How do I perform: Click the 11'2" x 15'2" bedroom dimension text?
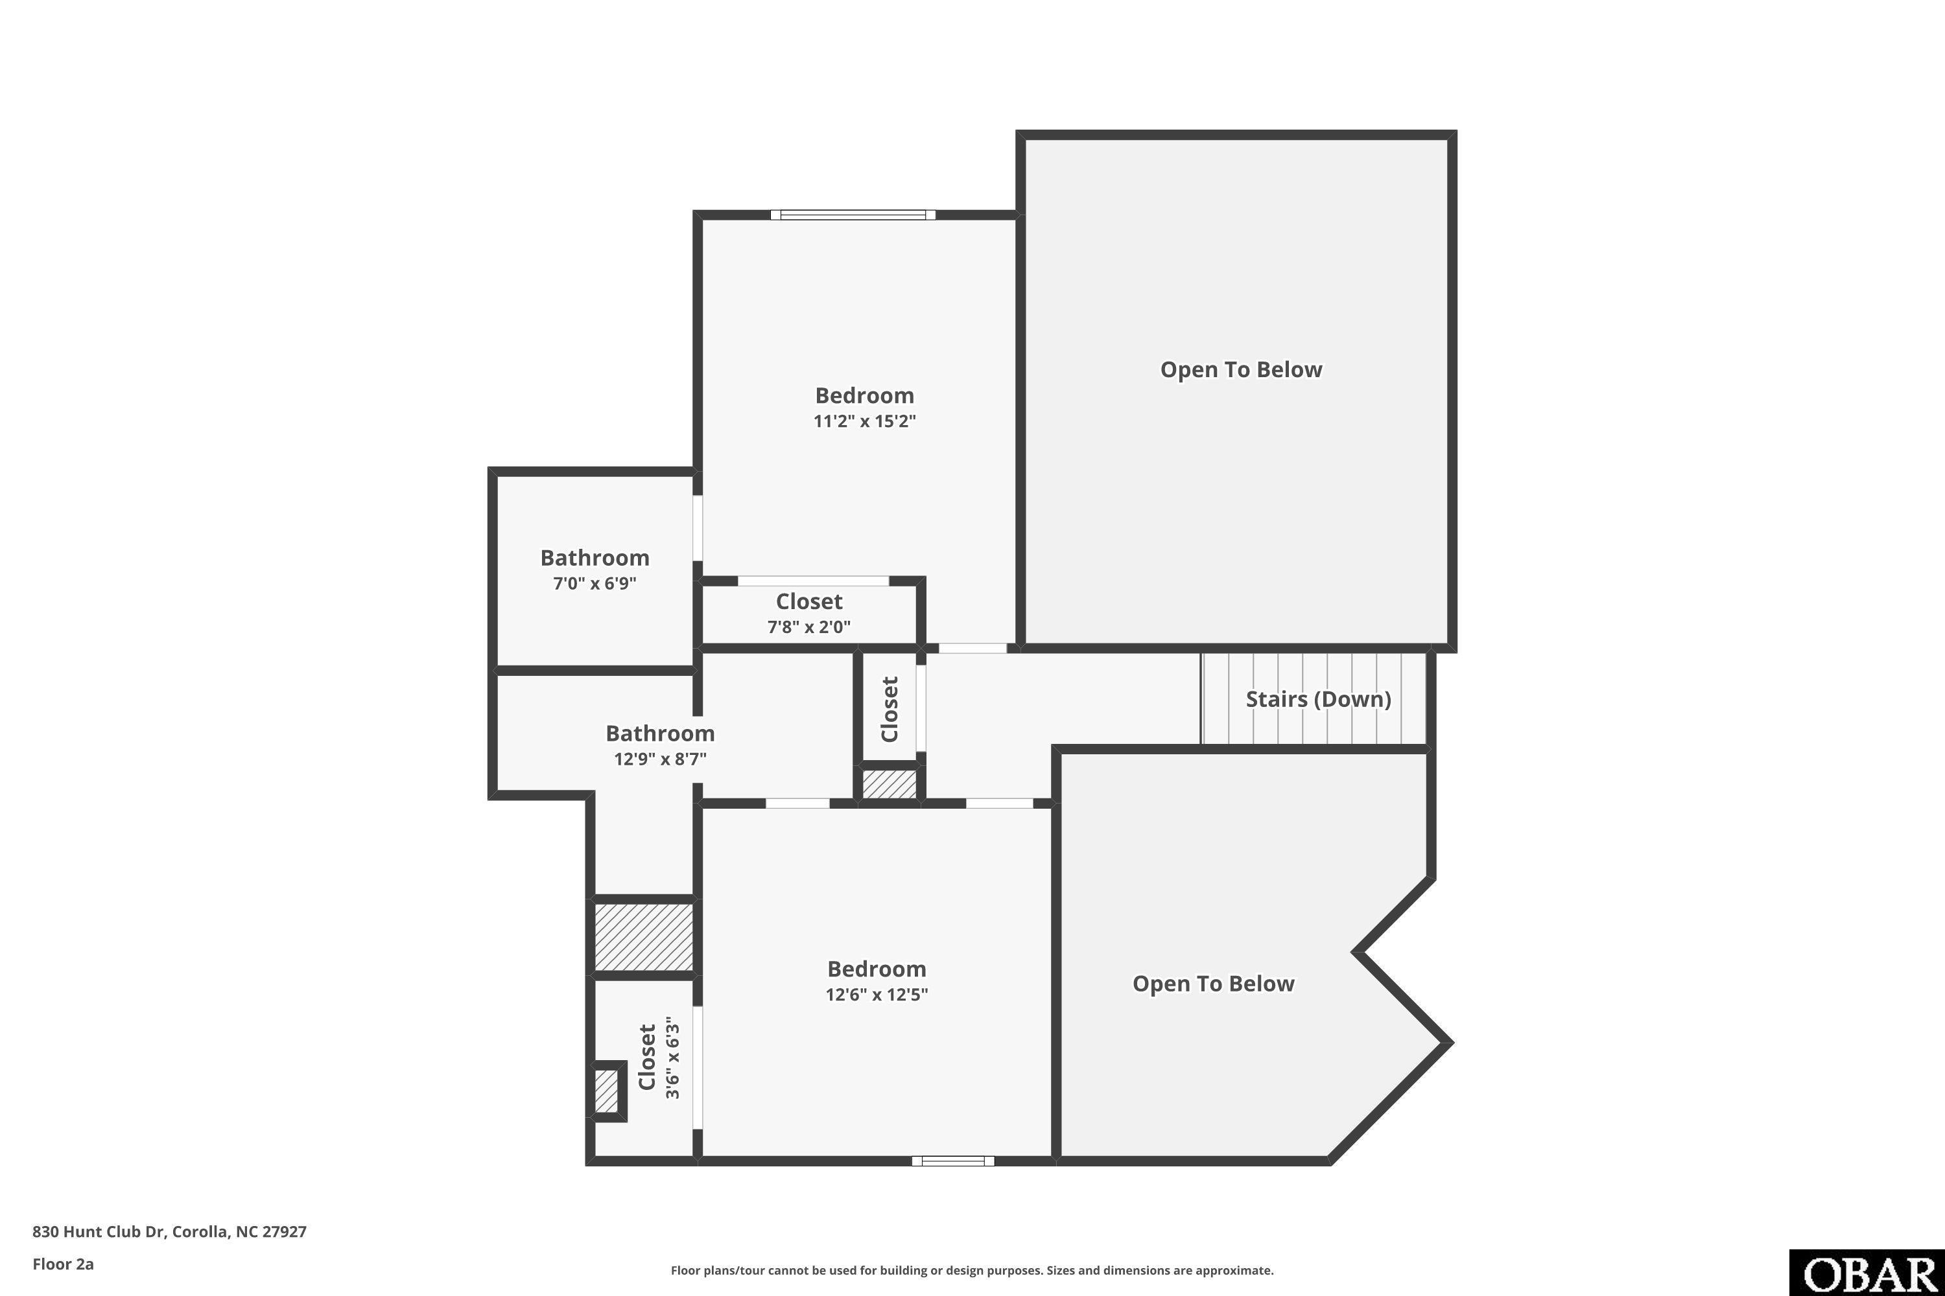[x=864, y=421]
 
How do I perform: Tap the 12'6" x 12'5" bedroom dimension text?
[x=877, y=993]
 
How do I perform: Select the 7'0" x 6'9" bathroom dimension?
[x=595, y=584]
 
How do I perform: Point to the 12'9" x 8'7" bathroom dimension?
[x=660, y=759]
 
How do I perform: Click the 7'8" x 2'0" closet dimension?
[x=808, y=627]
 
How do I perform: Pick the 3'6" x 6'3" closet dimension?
[x=672, y=1061]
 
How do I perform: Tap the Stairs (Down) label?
[x=1318, y=699]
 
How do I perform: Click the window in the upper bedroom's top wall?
[x=853, y=215]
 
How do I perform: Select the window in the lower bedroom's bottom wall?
[x=952, y=1161]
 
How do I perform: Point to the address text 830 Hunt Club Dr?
[x=99, y=1232]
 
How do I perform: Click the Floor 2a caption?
[x=63, y=1264]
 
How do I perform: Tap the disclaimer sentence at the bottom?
[x=972, y=1270]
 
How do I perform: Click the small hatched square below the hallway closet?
[x=890, y=783]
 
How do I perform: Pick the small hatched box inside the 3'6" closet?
[x=606, y=1091]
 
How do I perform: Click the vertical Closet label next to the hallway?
[x=890, y=709]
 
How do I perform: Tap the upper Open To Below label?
[x=1240, y=369]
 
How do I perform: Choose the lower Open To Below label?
[x=1213, y=984]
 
